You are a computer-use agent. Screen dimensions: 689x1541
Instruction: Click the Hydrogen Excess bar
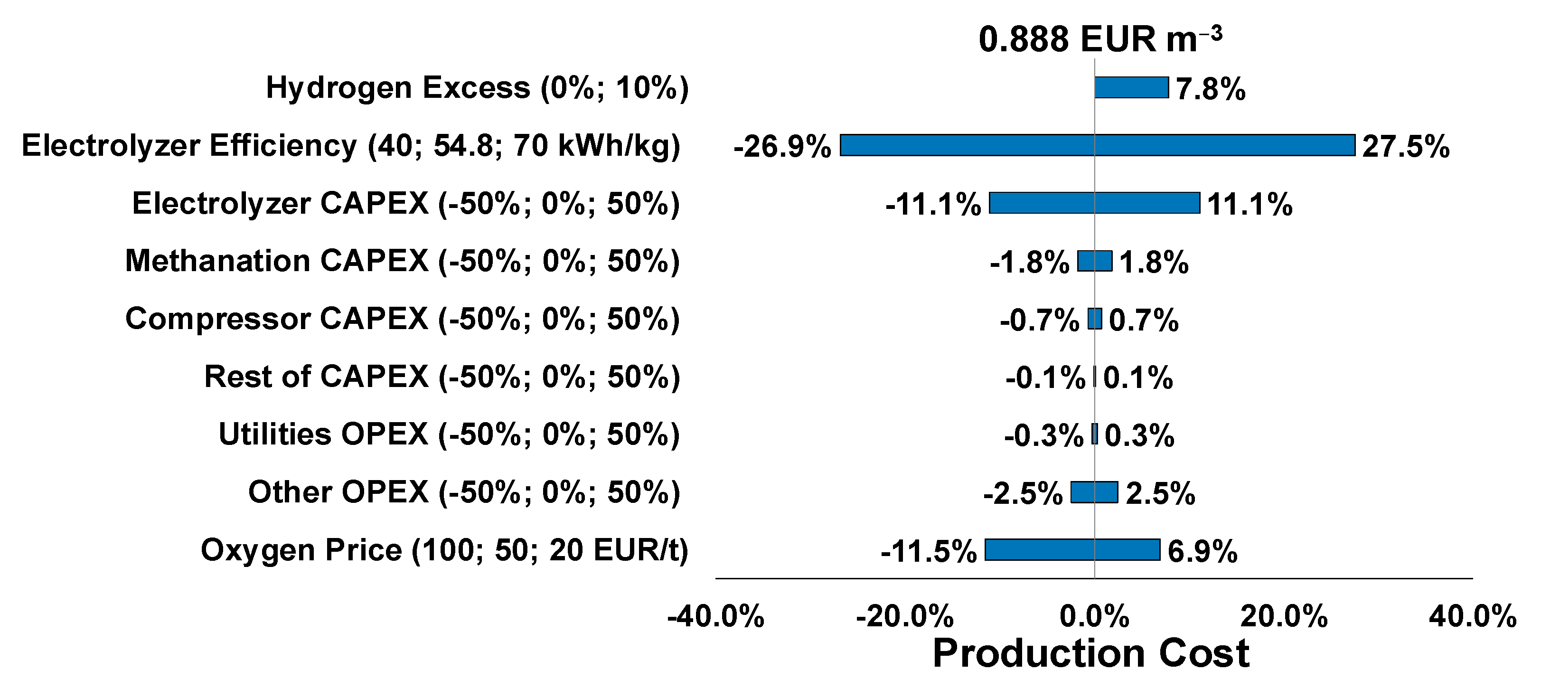click(1131, 87)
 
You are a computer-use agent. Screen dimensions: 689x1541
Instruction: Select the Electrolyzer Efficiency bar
click(1097, 145)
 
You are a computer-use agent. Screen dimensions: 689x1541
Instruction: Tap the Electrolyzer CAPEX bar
click(1094, 203)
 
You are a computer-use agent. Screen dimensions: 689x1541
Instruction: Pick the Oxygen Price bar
click(1072, 550)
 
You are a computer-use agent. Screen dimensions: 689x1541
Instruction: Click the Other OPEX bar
click(1094, 492)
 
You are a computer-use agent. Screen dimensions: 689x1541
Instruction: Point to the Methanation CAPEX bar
click(1095, 261)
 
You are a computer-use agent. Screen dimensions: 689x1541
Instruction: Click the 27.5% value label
click(1405, 147)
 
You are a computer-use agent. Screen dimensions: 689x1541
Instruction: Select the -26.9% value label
click(782, 147)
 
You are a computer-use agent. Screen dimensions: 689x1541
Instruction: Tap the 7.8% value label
click(1210, 90)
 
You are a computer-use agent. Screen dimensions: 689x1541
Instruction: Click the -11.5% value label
click(929, 551)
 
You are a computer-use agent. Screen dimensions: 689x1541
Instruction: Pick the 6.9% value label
click(1202, 551)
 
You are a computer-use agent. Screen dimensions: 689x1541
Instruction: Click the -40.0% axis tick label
click(715, 616)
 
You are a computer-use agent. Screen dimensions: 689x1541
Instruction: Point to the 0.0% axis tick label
click(1094, 616)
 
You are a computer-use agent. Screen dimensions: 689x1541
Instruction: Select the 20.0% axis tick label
click(1284, 616)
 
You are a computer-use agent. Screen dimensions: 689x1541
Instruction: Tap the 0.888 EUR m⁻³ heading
click(1099, 39)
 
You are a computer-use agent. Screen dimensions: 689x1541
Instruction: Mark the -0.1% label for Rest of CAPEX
click(1045, 378)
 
